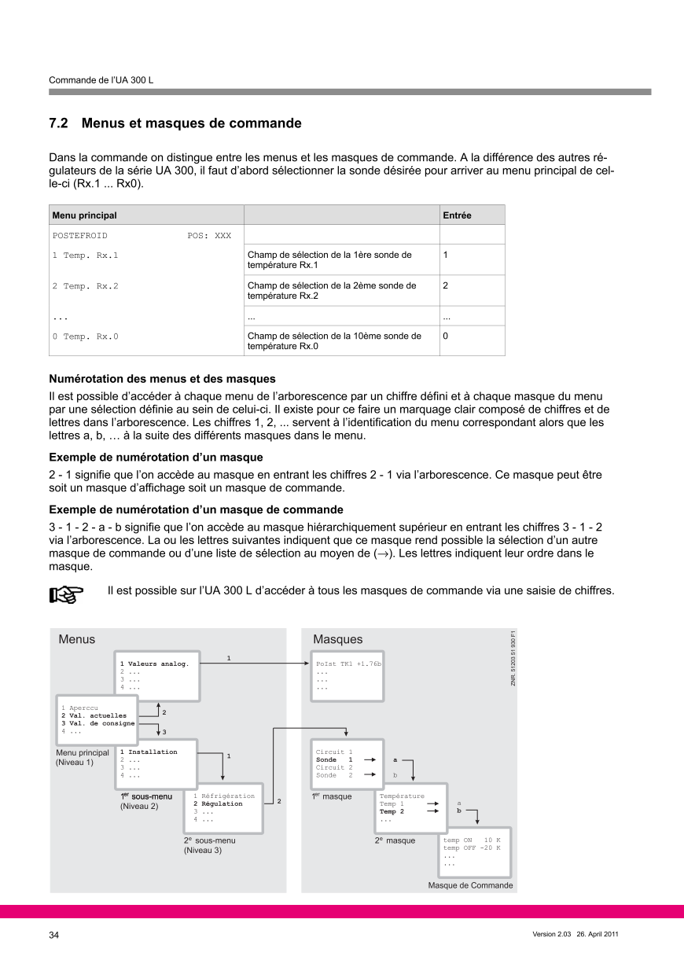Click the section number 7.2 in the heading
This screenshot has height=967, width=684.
[x=59, y=123]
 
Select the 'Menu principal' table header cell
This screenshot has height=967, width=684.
[x=83, y=215]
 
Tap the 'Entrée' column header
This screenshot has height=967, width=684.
[x=457, y=215]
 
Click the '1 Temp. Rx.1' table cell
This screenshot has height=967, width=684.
[x=85, y=256]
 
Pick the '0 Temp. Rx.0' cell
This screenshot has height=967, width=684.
[x=85, y=336]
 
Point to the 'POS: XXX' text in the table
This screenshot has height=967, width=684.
[x=209, y=235]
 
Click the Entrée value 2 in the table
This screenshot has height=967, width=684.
[x=446, y=286]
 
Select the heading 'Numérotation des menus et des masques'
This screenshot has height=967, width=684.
[x=162, y=379]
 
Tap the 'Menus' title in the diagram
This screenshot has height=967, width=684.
[x=76, y=640]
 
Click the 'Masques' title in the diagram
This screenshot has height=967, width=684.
[x=338, y=640]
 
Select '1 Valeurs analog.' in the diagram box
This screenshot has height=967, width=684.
[x=154, y=664]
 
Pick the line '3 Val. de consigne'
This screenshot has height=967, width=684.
[x=98, y=723]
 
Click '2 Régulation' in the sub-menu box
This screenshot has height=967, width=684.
[x=218, y=804]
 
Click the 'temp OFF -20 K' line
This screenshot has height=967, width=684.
[x=472, y=848]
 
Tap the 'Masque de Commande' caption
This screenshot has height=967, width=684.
[x=470, y=885]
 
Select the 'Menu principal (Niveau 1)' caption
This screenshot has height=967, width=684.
[x=82, y=757]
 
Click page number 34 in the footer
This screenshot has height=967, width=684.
[x=54, y=935]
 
